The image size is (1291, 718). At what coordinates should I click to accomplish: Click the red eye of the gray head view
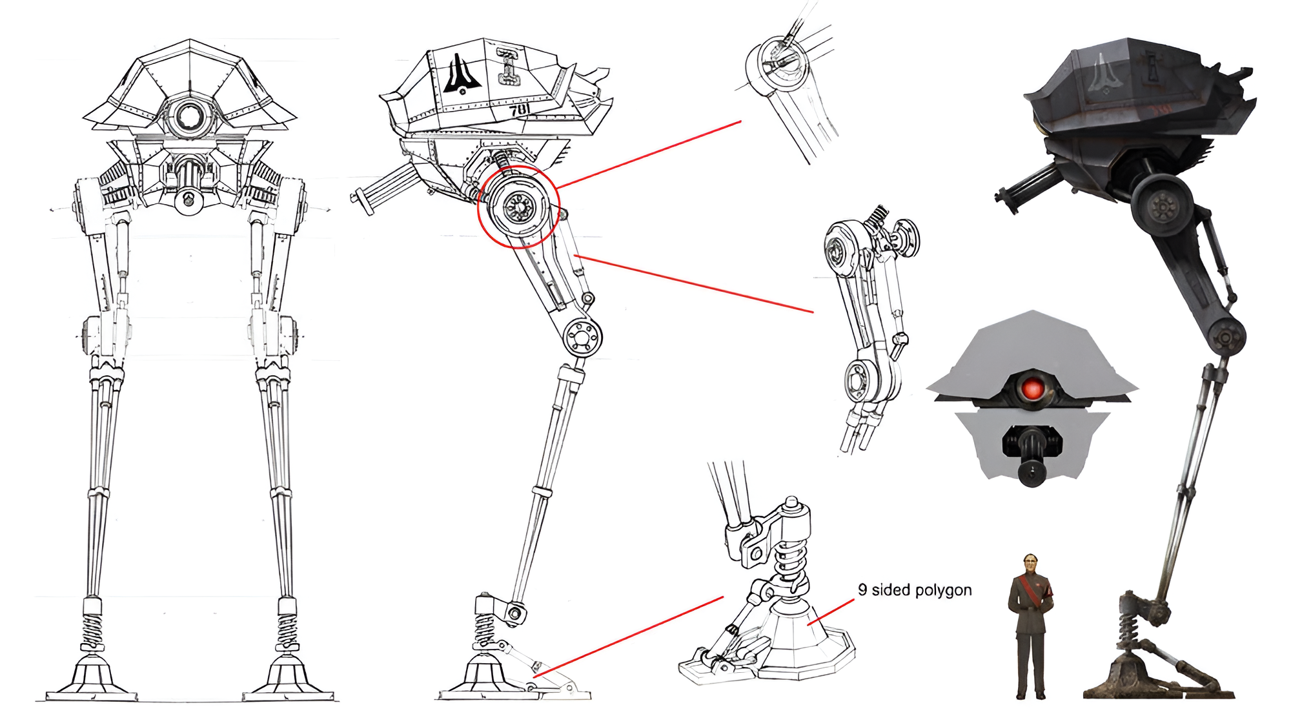pos(1032,389)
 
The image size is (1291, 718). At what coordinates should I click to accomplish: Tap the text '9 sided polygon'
pos(915,590)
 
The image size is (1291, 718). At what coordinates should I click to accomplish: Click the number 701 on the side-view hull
pos(520,110)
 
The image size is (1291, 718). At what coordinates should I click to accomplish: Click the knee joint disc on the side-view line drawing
pos(582,336)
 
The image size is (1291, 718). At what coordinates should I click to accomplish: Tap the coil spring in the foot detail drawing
pos(789,562)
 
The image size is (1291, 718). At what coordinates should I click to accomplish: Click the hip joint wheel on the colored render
pos(1164,207)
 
